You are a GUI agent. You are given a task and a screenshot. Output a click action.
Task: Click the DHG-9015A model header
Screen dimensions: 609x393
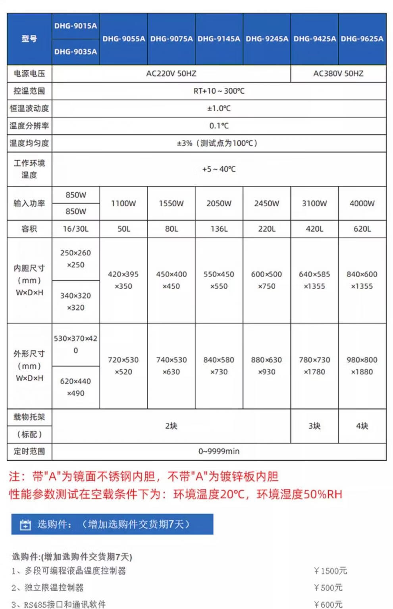(75, 26)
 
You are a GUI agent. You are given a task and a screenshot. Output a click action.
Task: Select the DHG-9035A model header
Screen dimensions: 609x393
(75, 52)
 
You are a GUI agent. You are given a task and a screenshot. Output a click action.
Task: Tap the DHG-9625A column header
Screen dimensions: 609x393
(362, 39)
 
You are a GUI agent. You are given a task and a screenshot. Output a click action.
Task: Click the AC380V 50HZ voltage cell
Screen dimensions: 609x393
(338, 73)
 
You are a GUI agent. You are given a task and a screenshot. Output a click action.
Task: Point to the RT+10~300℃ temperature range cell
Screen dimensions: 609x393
(219, 91)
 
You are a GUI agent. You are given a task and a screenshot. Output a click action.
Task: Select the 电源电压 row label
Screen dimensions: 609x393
(29, 73)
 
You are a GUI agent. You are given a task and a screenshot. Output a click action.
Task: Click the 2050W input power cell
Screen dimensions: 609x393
(219, 203)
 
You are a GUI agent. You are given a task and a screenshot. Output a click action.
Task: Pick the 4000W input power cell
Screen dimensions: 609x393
(362, 203)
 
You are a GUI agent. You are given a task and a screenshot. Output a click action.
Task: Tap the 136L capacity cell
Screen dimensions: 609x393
(219, 229)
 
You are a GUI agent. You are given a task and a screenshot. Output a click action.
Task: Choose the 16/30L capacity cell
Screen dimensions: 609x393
(75, 229)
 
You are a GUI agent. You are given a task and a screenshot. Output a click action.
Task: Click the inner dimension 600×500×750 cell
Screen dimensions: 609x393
(266, 280)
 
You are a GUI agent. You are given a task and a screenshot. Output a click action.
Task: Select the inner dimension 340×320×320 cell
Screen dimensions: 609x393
(75, 302)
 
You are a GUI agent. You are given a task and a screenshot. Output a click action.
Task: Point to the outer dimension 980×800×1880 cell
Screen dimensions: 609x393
(362, 365)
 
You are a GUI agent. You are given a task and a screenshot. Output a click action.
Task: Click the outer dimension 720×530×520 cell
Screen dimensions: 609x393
(123, 365)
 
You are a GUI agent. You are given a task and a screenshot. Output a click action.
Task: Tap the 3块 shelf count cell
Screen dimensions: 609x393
(314, 426)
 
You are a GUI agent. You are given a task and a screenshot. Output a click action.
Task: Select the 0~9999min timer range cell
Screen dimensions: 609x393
(219, 451)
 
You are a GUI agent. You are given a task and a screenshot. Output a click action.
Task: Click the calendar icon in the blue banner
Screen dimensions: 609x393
(25, 524)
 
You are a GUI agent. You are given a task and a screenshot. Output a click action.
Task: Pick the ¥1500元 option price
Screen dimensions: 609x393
(330, 571)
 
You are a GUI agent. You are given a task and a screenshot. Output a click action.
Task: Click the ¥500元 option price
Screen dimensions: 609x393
(328, 588)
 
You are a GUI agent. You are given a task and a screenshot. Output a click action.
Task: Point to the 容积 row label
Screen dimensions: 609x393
(29, 229)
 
